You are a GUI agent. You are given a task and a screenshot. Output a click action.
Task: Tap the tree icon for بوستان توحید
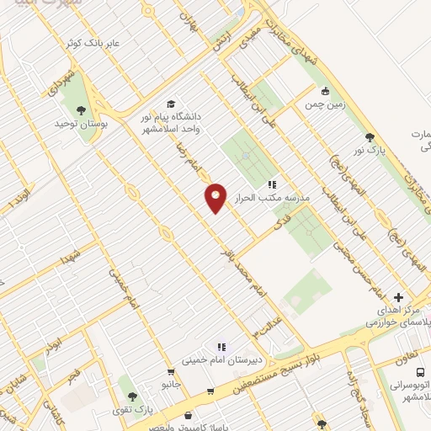[81, 111]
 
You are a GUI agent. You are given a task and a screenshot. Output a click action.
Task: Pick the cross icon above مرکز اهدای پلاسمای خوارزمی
[398, 297]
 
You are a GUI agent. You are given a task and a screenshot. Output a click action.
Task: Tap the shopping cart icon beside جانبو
[172, 371]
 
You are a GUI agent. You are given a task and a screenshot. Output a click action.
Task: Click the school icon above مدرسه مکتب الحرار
[271, 183]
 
